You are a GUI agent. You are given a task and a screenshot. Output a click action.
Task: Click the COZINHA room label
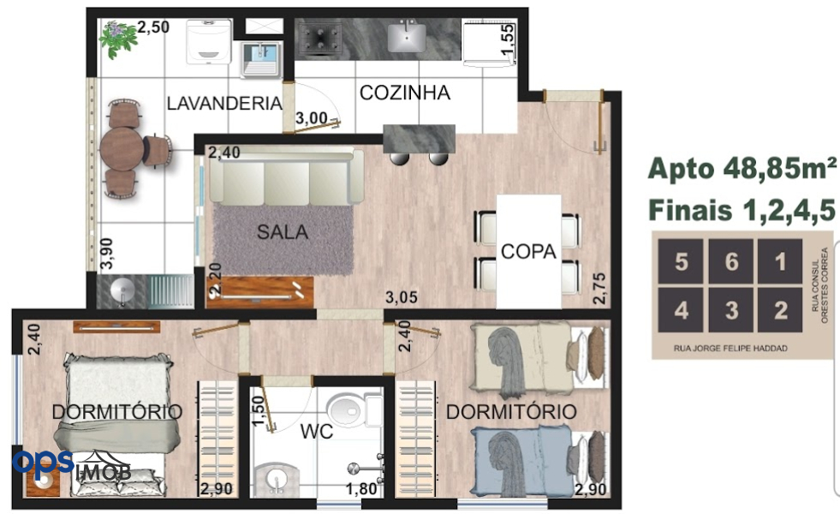[x=404, y=93]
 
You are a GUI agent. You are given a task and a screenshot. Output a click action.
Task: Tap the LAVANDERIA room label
[x=224, y=103]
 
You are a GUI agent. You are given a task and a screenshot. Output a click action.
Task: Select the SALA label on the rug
[x=283, y=232]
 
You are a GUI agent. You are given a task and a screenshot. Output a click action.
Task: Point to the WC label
[x=317, y=431]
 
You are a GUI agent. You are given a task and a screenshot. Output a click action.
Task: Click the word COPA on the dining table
[x=528, y=251]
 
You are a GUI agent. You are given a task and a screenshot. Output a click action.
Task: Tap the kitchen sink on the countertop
[x=407, y=37]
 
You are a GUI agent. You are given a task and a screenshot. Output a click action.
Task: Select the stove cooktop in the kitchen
[x=320, y=38]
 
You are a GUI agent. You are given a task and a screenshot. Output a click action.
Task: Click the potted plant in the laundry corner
[x=118, y=38]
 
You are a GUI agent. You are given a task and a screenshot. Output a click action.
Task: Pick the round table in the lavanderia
[x=122, y=148]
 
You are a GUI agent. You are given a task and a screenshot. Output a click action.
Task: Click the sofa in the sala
[x=287, y=176]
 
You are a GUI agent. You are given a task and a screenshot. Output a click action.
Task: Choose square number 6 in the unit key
[x=731, y=261]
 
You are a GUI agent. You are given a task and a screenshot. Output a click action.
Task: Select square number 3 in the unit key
[x=731, y=310]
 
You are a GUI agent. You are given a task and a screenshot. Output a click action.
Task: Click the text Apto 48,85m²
[x=742, y=169]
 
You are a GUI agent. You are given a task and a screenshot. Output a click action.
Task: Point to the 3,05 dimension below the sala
[x=402, y=297]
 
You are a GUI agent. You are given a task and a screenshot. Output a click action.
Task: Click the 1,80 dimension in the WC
[x=361, y=489]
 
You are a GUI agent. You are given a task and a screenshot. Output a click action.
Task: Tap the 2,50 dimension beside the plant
[x=153, y=27]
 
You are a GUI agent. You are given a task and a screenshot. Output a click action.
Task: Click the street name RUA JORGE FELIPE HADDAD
[x=730, y=349]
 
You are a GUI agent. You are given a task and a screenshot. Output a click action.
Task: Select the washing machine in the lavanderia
[x=210, y=42]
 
